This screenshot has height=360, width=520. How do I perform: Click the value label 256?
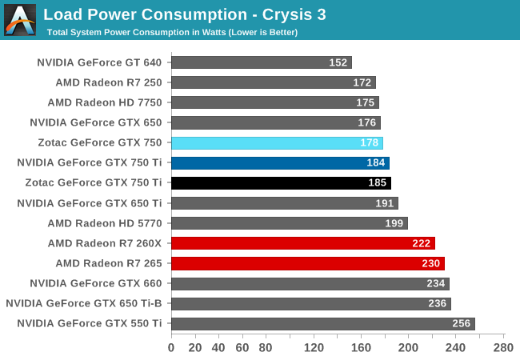point(460,324)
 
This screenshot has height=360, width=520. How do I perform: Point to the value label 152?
point(338,62)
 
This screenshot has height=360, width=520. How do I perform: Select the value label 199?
point(394,223)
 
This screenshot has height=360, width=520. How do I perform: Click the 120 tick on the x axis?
point(314,348)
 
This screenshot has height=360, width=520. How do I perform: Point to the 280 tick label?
point(503,348)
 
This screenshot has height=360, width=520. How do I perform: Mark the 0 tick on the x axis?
point(171,348)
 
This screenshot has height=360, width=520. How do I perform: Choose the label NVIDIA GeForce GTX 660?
point(95,283)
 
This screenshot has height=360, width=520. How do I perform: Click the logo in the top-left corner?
point(20,20)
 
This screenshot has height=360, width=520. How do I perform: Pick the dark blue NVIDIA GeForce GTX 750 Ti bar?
point(280,163)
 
